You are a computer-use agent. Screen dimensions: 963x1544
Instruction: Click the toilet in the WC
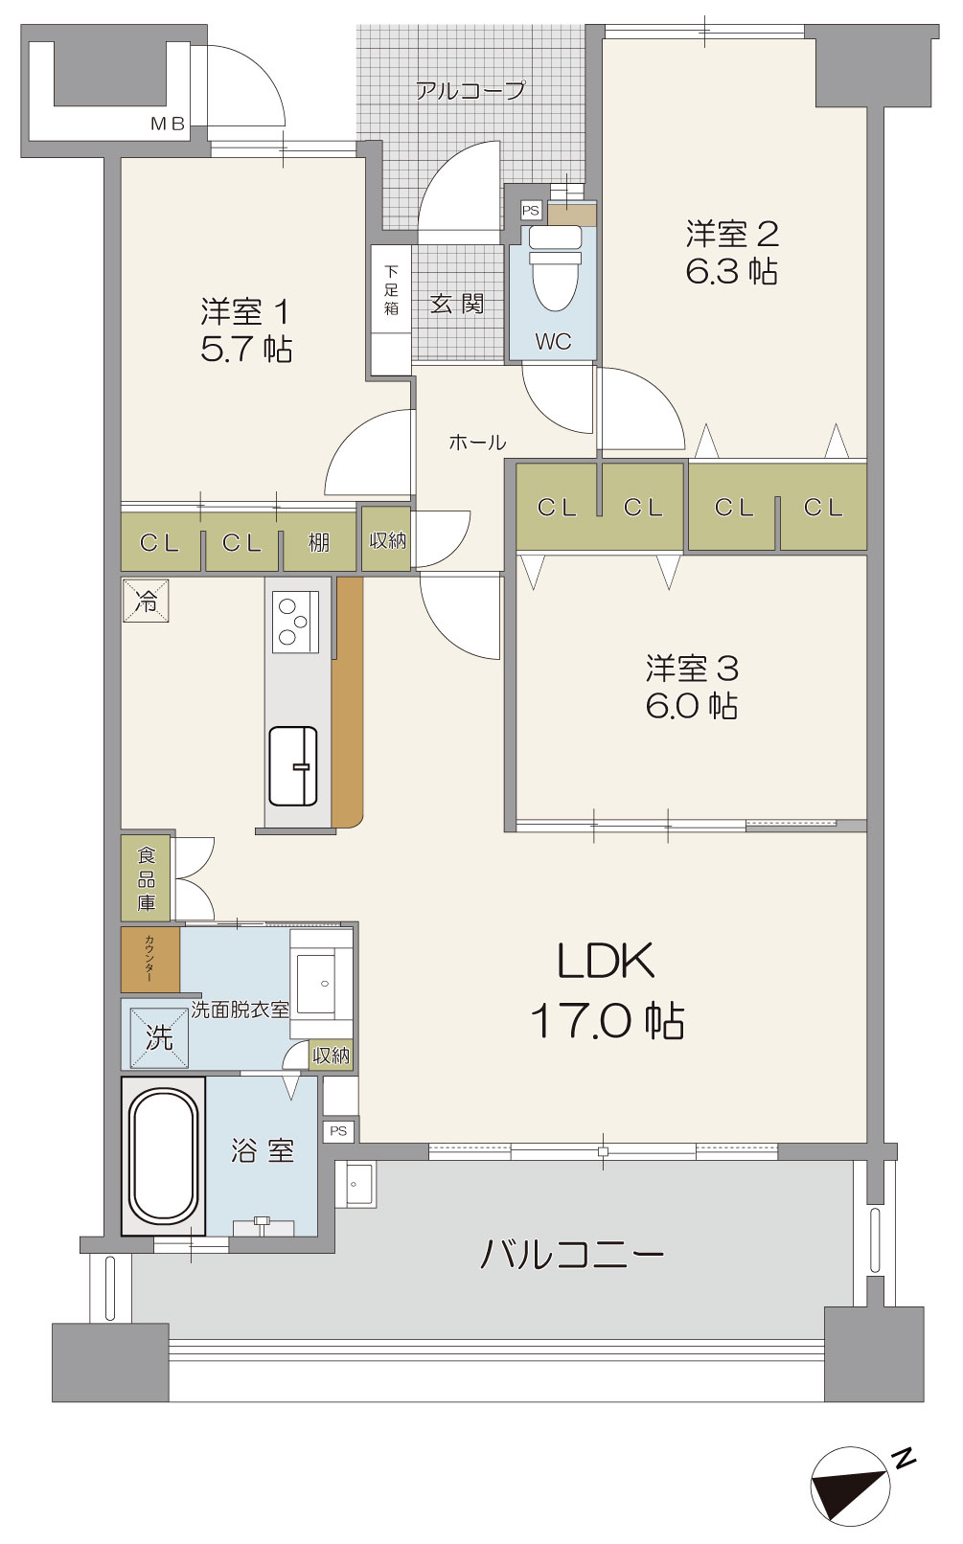tap(554, 269)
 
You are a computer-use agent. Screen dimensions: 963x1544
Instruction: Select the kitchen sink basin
tap(293, 766)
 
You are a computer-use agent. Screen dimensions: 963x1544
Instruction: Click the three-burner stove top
tap(296, 622)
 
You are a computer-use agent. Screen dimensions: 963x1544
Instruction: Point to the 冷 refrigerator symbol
tap(147, 602)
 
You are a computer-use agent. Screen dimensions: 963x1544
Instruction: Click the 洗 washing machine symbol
tap(158, 1037)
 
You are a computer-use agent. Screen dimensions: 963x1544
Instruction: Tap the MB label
tap(169, 125)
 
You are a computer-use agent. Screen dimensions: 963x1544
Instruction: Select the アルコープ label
tap(470, 90)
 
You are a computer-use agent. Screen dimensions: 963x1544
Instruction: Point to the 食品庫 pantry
tap(147, 878)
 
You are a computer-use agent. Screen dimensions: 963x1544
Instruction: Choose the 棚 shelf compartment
tap(319, 542)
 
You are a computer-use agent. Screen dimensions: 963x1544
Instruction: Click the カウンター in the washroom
tap(150, 960)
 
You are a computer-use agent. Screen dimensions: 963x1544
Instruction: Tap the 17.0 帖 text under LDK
tap(608, 1021)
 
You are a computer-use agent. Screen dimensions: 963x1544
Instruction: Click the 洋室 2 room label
tap(732, 235)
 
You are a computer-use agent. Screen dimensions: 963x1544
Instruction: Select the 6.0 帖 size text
tap(692, 706)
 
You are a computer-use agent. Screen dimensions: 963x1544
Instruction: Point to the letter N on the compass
tap(903, 1457)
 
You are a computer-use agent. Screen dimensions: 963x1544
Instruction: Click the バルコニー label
tap(571, 1254)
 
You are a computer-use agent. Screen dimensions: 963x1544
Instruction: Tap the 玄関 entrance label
tap(457, 304)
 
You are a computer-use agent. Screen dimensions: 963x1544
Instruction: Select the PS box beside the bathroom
tap(338, 1131)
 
